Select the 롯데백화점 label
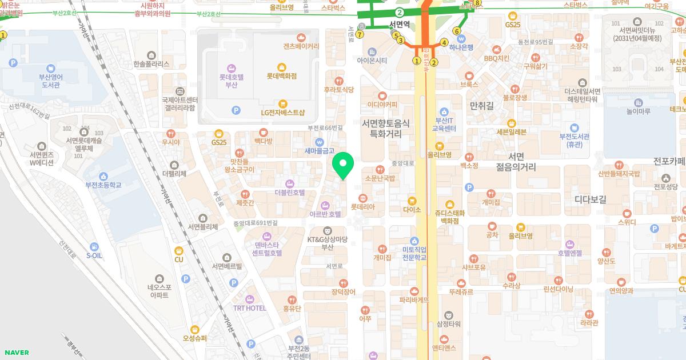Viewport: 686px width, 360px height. click(x=281, y=75)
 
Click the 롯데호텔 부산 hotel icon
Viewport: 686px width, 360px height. click(x=231, y=68)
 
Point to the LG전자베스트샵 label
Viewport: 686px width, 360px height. click(x=282, y=112)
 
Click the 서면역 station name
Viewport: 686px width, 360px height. click(x=401, y=24)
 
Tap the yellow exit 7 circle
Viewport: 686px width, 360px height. click(x=360, y=34)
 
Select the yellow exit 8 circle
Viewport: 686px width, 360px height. click(x=477, y=3)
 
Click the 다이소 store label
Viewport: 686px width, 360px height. click(x=412, y=210)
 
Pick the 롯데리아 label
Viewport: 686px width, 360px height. click(x=362, y=207)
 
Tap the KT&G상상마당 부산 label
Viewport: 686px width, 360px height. click(x=327, y=243)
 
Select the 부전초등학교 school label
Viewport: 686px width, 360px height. click(x=103, y=185)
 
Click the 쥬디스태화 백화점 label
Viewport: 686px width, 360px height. click(x=450, y=217)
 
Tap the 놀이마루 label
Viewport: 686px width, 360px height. click(x=638, y=111)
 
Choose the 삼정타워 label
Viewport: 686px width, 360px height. click(x=449, y=324)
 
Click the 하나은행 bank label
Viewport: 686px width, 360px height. click(x=461, y=48)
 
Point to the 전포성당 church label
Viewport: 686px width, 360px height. click(x=665, y=186)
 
